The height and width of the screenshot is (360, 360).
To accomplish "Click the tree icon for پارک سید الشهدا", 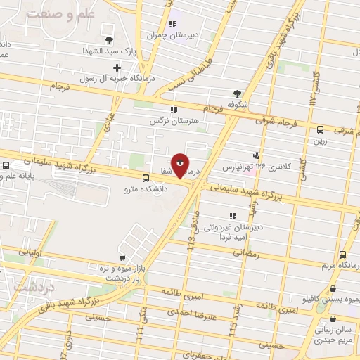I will point(108,39).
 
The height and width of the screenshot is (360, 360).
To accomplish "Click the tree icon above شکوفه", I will point(237,92).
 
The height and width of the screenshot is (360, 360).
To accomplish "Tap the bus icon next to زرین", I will point(320,129).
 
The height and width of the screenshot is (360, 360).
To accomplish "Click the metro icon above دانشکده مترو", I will point(146,179).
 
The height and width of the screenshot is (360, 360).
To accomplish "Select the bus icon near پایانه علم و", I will point(6,166).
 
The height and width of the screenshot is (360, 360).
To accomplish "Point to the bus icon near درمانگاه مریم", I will point(342,255).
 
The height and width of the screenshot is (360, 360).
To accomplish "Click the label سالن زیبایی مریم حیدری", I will point(333,339).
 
